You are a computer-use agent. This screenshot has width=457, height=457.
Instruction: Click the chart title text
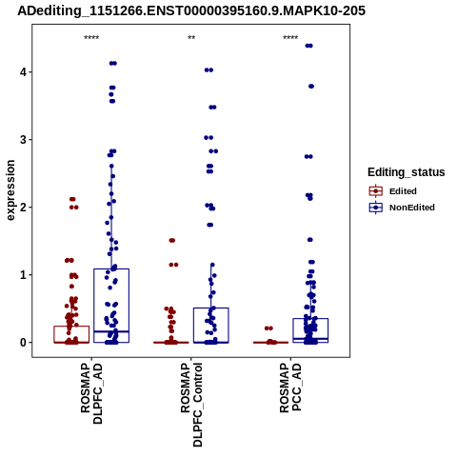pos(191,11)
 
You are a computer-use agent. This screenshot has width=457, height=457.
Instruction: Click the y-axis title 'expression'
pos(10,190)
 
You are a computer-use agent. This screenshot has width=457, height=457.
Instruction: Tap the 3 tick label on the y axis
pos(23,140)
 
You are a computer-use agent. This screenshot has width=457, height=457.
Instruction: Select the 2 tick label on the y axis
pos(23,208)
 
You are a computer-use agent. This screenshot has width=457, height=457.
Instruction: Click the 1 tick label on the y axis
pos(23,275)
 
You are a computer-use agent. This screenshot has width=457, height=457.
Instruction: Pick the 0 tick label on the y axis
pos(23,343)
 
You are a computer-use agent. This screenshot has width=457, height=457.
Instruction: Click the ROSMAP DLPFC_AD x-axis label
pos(91,393)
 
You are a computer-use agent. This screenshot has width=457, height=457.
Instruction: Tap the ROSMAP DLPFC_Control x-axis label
pos(191,405)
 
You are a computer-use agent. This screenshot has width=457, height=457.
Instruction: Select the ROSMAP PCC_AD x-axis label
pos(290,387)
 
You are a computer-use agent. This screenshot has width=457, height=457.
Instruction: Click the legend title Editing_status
pos(407,172)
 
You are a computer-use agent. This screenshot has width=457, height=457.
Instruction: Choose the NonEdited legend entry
pos(402,208)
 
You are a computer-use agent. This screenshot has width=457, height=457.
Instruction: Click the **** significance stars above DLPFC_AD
pos(91,38)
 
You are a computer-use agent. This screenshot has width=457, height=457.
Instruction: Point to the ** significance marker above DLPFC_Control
pos(191,38)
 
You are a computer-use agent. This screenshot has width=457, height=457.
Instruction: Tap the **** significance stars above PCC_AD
pos(290,38)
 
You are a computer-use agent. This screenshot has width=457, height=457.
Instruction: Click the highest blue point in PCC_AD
pos(308,46)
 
